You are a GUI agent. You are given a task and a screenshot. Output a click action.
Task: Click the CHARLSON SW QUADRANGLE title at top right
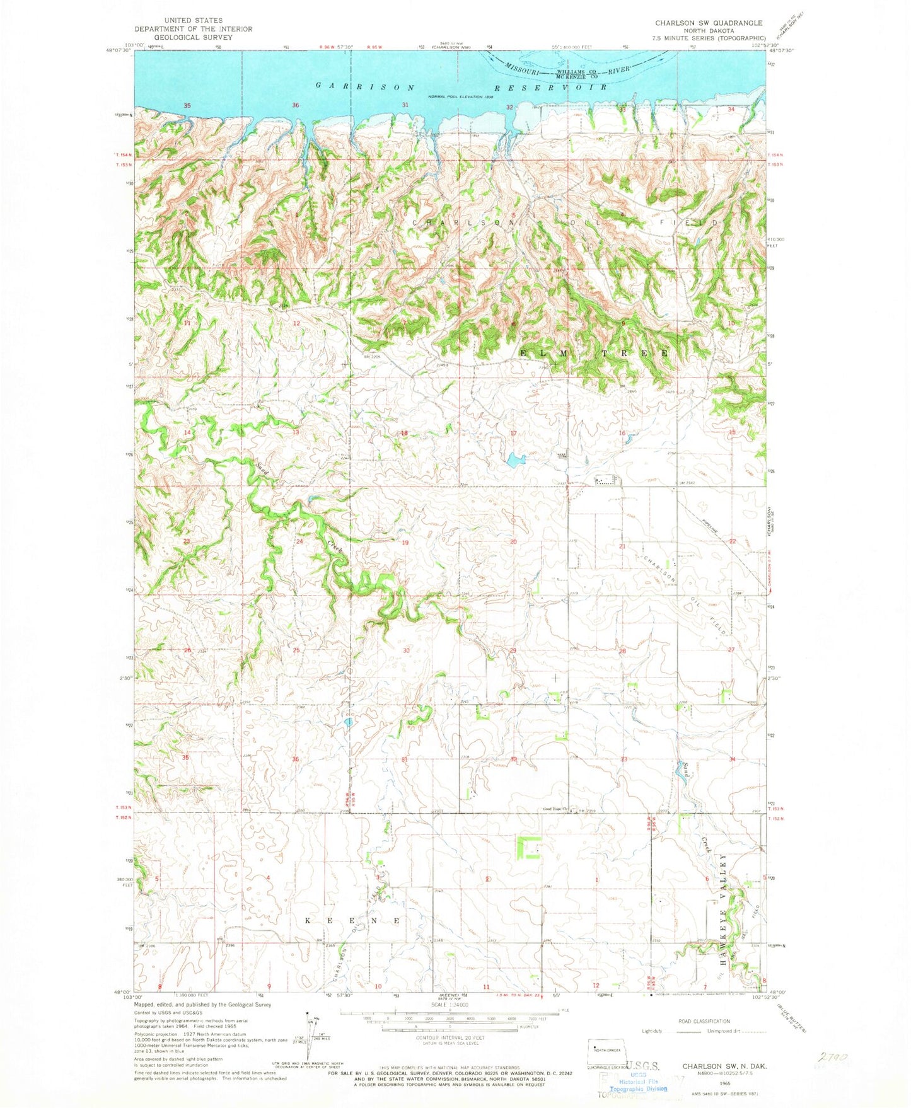tap(708, 23)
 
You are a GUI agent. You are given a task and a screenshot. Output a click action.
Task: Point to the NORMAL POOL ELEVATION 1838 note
tap(460, 96)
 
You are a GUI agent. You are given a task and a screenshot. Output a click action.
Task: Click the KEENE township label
tap(352, 921)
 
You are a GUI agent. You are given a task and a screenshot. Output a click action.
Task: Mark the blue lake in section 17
tap(514, 460)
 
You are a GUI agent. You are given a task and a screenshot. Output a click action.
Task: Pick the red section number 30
tap(406, 650)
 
